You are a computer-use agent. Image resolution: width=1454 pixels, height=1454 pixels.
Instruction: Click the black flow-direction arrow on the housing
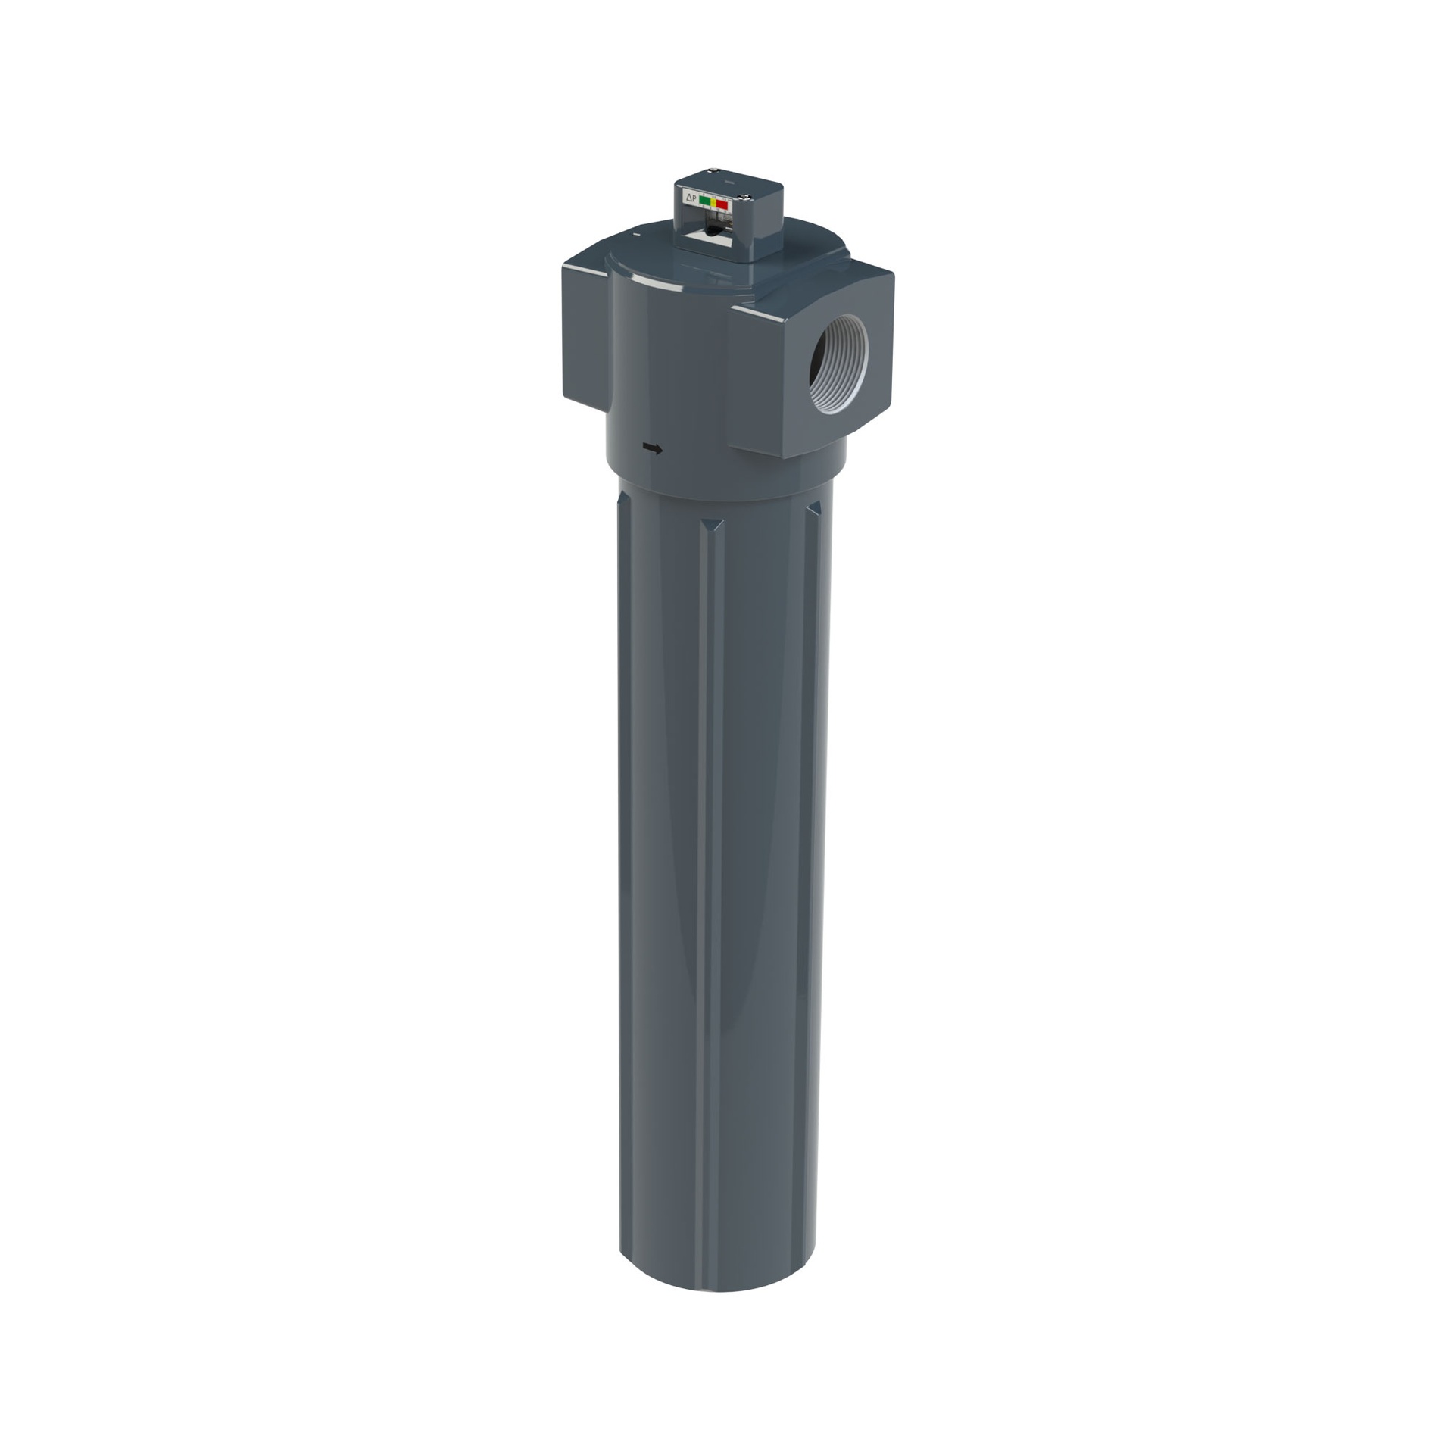click(652, 449)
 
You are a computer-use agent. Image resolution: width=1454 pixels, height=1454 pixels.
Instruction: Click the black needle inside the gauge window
click(713, 230)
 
